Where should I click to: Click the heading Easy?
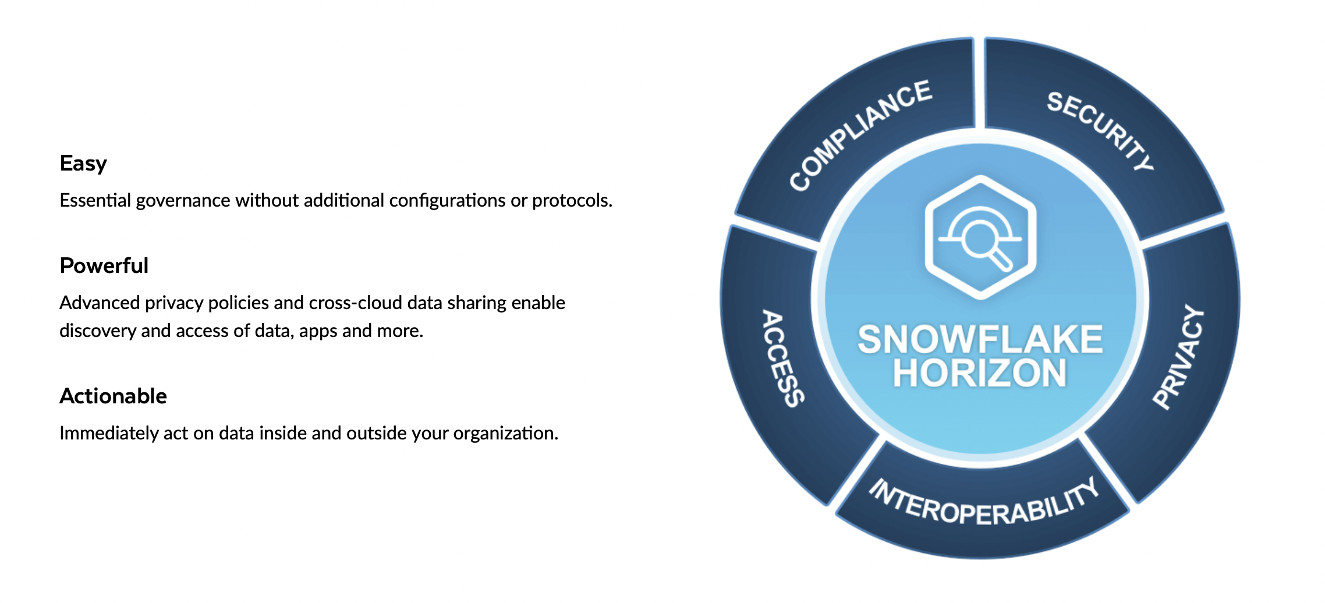pos(83,164)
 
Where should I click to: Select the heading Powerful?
pos(104,265)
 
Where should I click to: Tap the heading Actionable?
pos(114,396)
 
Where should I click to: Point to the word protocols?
pos(572,201)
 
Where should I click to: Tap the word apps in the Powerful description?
pos(318,331)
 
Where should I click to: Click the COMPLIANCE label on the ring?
pos(860,134)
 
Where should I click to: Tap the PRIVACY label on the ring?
pos(1178,357)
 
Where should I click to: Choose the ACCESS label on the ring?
pos(784,358)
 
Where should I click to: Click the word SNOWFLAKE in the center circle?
pos(980,339)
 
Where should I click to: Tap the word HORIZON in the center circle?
pos(980,373)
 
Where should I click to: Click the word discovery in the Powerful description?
pos(98,331)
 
